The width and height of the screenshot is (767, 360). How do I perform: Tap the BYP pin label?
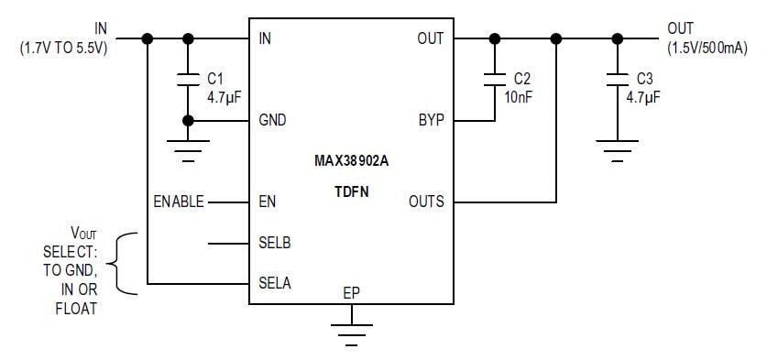coord(429,121)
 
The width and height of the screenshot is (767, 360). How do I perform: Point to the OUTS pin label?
coord(425,202)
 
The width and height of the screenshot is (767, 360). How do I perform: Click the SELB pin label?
coord(275,244)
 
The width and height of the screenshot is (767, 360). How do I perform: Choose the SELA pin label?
coord(275,283)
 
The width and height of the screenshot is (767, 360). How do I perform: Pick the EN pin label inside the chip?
coord(268,202)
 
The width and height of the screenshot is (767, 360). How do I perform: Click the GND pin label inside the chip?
coord(272,121)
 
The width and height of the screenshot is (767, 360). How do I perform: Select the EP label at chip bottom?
coord(351,294)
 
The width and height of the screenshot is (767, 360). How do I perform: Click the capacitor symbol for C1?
coord(189,79)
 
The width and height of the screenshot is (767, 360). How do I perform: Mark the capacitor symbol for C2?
coord(495,79)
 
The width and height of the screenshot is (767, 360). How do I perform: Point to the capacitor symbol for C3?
coord(617,79)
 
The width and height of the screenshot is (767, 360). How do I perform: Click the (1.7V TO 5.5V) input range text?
coord(62,48)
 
